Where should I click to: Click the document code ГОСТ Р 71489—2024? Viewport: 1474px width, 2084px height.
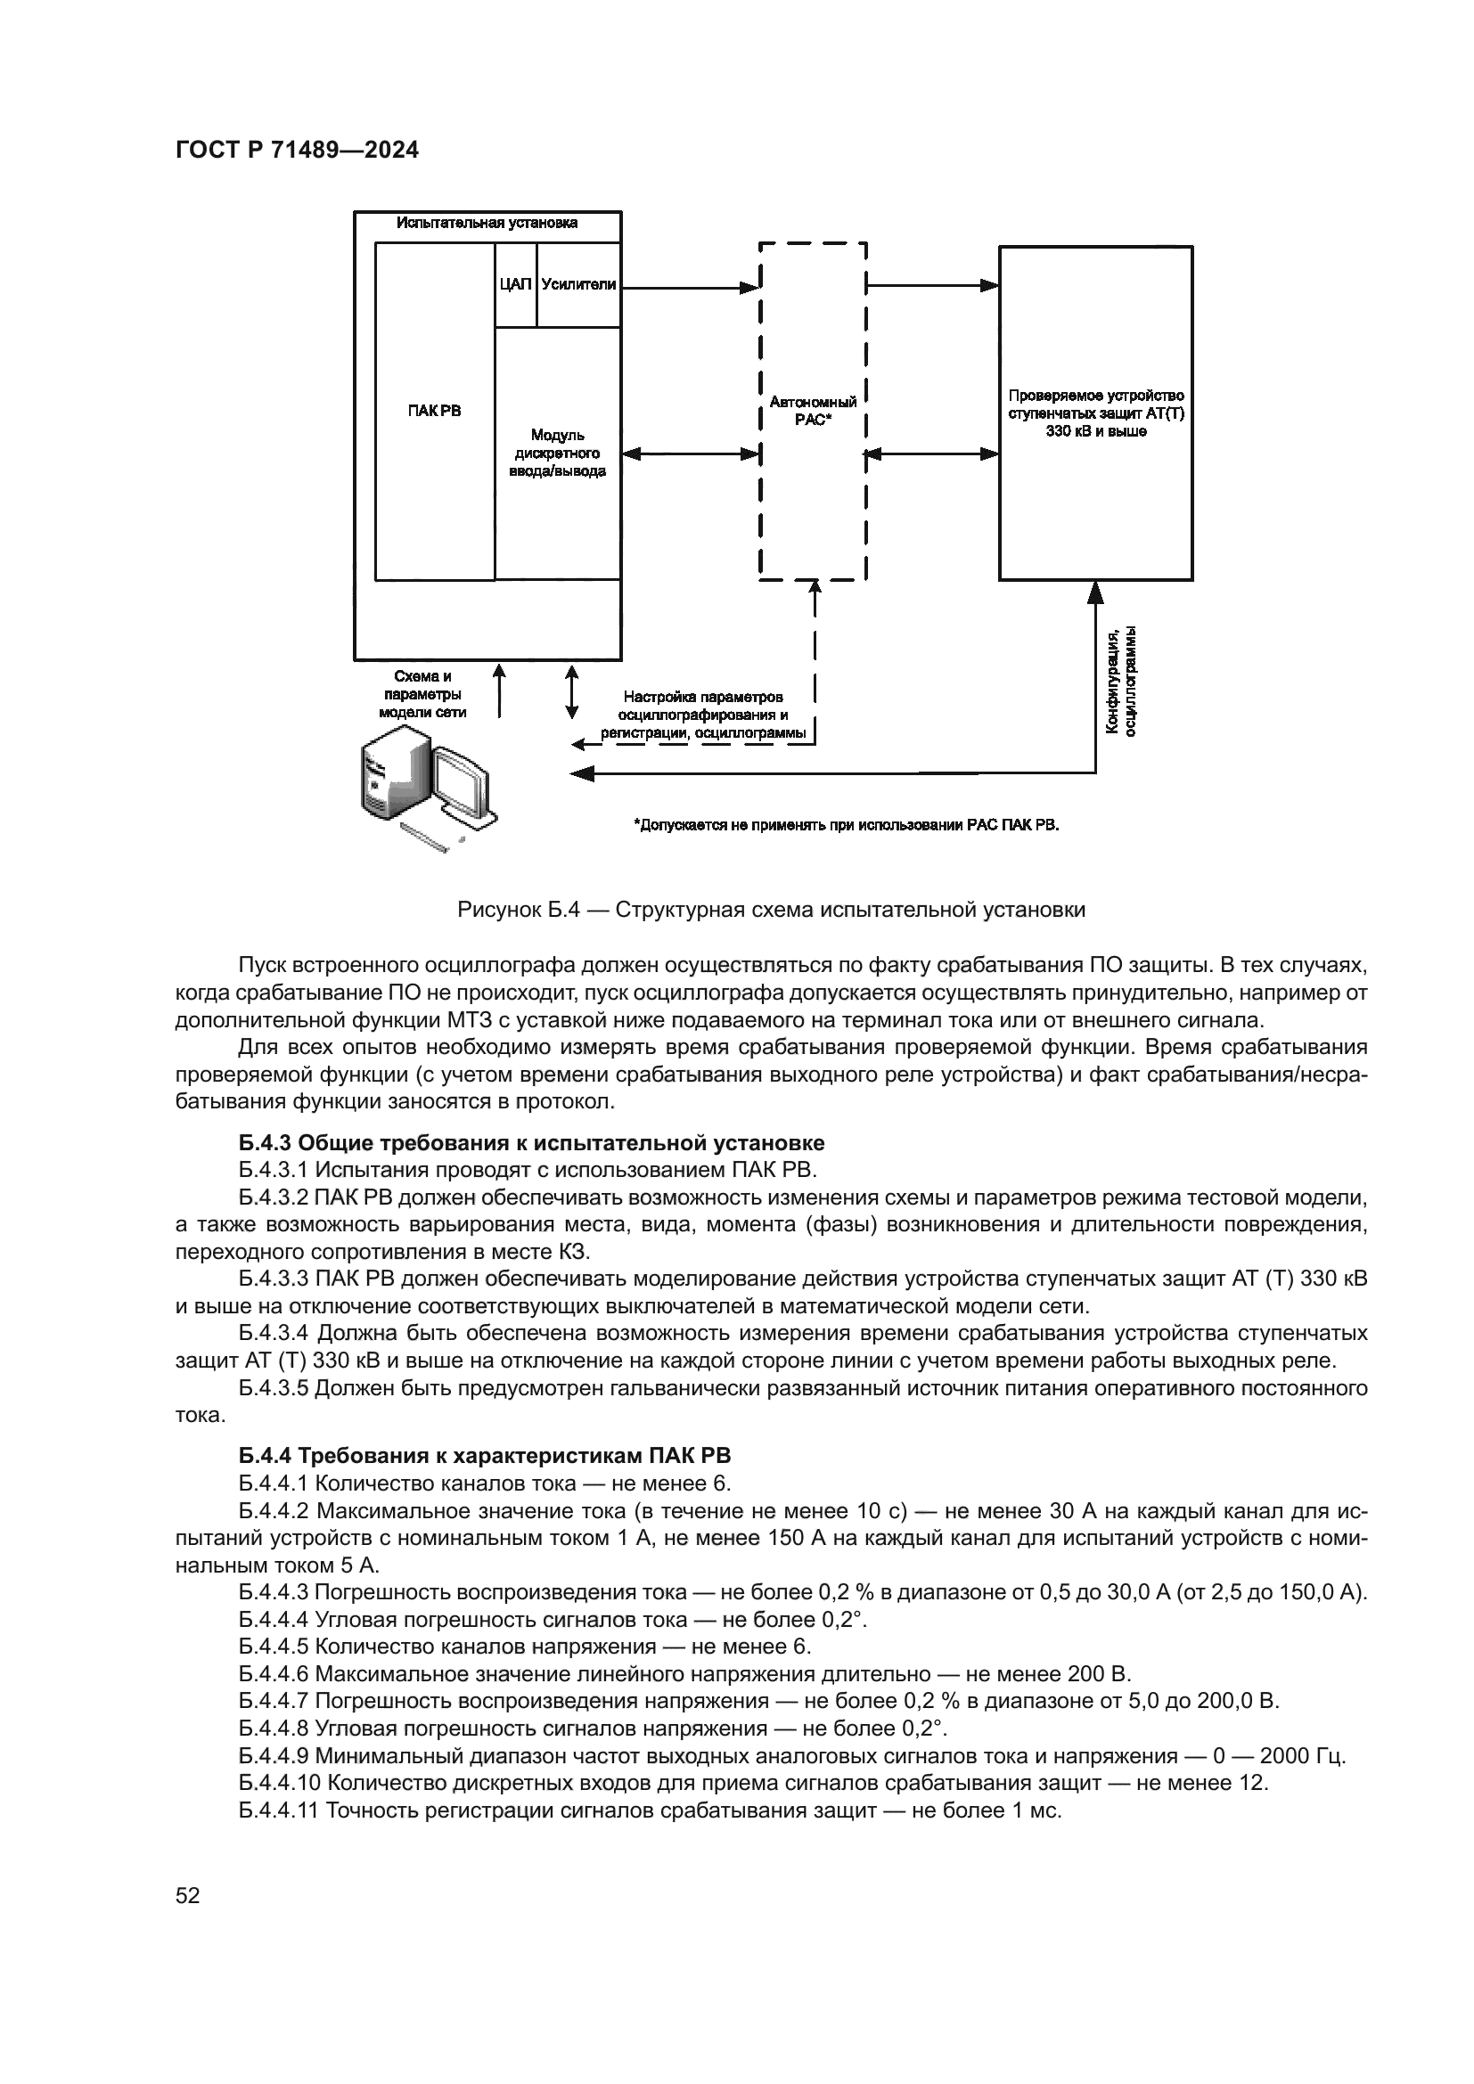point(297,151)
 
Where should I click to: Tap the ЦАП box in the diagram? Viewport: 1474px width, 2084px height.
point(514,284)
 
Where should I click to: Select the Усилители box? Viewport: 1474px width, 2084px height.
point(578,284)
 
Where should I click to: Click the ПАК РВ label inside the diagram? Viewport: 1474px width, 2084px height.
point(434,410)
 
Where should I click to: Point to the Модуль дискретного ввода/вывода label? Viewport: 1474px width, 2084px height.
point(557,453)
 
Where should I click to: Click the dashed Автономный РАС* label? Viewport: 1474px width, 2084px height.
point(813,410)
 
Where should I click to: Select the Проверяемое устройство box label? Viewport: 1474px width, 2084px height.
point(1095,413)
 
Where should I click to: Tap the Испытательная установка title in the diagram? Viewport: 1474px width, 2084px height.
point(487,223)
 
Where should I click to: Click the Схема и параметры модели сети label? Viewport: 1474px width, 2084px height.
point(422,694)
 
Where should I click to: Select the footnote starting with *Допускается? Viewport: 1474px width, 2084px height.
point(846,825)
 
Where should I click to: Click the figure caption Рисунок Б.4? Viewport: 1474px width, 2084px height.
point(771,910)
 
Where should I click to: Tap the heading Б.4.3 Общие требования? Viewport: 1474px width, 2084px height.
point(531,1142)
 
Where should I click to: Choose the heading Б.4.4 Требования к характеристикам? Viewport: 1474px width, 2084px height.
point(485,1456)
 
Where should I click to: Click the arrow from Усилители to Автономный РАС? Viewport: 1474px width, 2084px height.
point(690,288)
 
